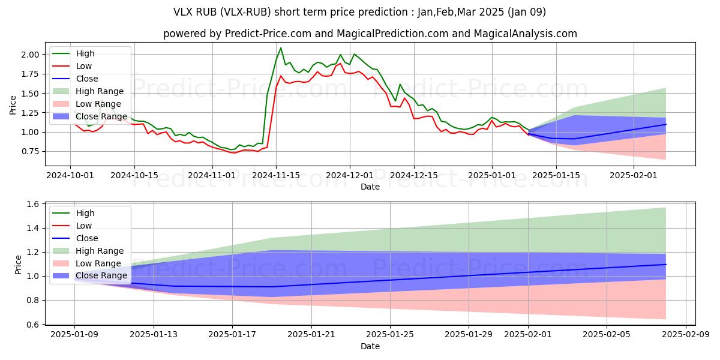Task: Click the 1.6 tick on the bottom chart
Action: pyautogui.click(x=34, y=204)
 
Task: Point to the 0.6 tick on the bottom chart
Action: pyautogui.click(x=34, y=325)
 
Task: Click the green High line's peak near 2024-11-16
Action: pyautogui.click(x=281, y=48)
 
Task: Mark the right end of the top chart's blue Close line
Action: pyautogui.click(x=665, y=124)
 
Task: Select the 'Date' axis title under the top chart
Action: pyautogui.click(x=370, y=187)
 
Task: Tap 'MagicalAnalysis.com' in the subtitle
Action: pyautogui.click(x=520, y=34)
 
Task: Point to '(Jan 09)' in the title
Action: pyautogui.click(x=526, y=12)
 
